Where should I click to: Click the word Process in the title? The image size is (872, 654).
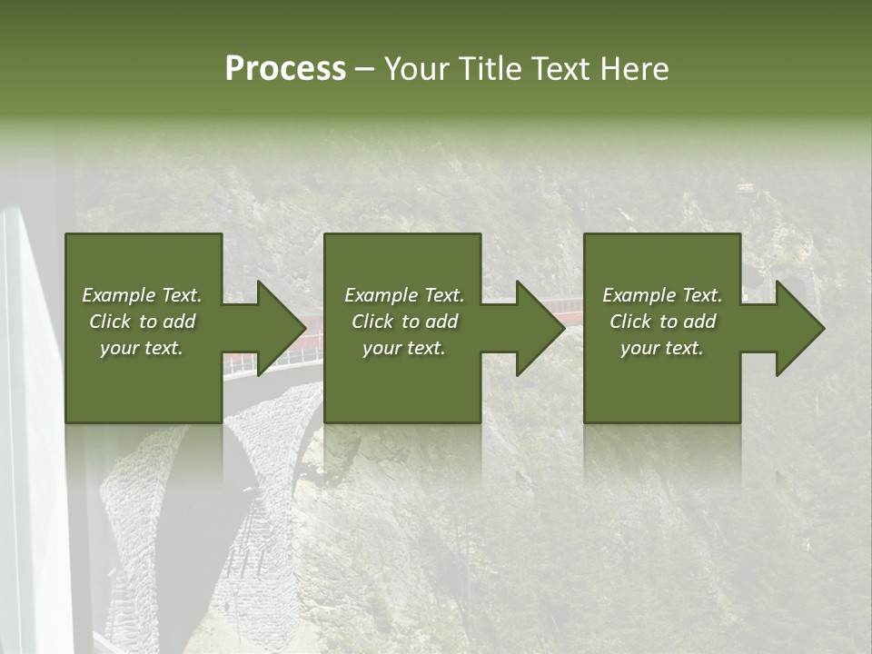(x=285, y=69)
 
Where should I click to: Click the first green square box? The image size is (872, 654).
(x=144, y=391)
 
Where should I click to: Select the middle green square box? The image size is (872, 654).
(x=402, y=391)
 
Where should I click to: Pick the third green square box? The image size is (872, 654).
(x=661, y=391)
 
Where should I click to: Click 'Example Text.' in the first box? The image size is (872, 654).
(x=142, y=295)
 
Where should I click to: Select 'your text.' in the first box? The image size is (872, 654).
(x=142, y=348)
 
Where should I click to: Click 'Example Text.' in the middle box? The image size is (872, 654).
(x=403, y=295)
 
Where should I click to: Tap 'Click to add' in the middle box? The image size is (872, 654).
(x=403, y=322)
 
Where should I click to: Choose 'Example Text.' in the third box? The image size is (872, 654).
(x=662, y=295)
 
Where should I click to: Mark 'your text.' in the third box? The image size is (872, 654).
(x=662, y=348)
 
